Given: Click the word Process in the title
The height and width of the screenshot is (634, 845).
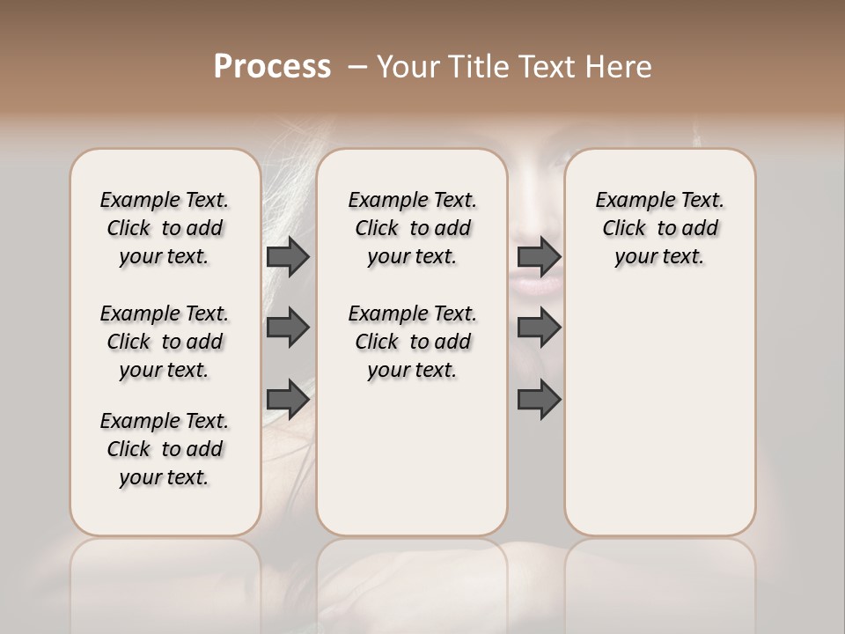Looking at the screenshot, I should coord(272,67).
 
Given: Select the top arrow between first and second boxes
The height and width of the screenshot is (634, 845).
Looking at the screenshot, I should coord(288,256).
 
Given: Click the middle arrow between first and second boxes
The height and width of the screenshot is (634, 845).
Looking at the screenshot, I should coord(288,328).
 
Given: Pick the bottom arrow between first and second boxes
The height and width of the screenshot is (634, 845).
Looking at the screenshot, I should coord(288,399).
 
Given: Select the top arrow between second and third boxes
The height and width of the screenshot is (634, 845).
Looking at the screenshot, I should coord(540,256).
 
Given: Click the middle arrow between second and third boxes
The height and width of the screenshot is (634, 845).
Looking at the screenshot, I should coord(540,328).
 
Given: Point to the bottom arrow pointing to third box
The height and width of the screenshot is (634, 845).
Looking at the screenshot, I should coord(540,399).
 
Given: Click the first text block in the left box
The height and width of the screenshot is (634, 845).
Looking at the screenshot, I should coord(165,228).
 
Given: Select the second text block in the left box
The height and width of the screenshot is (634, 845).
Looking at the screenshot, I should coord(165,342).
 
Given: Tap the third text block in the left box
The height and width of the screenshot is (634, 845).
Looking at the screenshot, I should coord(165,449).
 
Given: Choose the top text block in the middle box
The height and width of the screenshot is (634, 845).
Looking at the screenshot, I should coord(412,228).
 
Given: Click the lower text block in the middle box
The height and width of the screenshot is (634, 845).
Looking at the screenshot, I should coord(412,342).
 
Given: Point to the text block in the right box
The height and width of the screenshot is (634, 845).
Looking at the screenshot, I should coord(659,228).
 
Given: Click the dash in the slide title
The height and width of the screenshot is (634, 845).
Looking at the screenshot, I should coord(357,67).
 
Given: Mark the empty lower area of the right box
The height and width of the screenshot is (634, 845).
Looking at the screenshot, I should coord(659,414).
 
